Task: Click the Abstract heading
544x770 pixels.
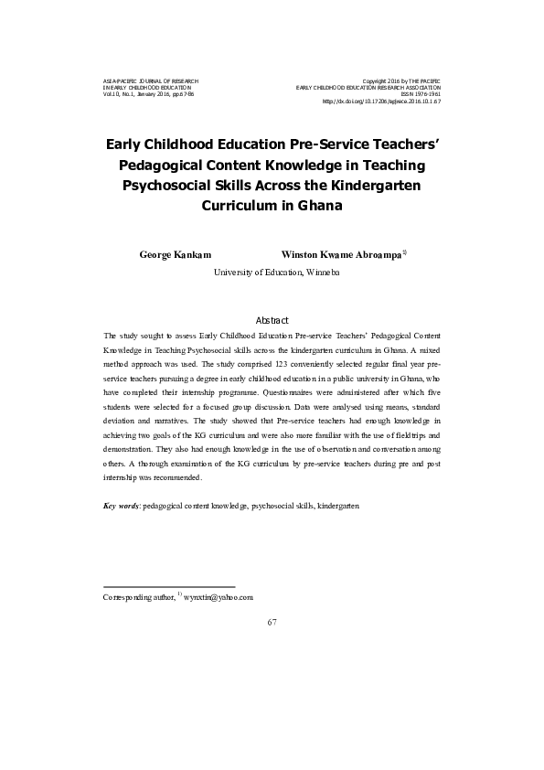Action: (272, 320)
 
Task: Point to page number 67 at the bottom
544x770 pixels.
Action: (272, 623)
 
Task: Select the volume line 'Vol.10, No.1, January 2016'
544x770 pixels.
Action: (148, 94)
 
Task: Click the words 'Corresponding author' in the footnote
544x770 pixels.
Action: (138, 596)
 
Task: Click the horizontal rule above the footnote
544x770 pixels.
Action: (169, 586)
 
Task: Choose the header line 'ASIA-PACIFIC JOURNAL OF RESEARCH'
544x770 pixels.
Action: (150, 80)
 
